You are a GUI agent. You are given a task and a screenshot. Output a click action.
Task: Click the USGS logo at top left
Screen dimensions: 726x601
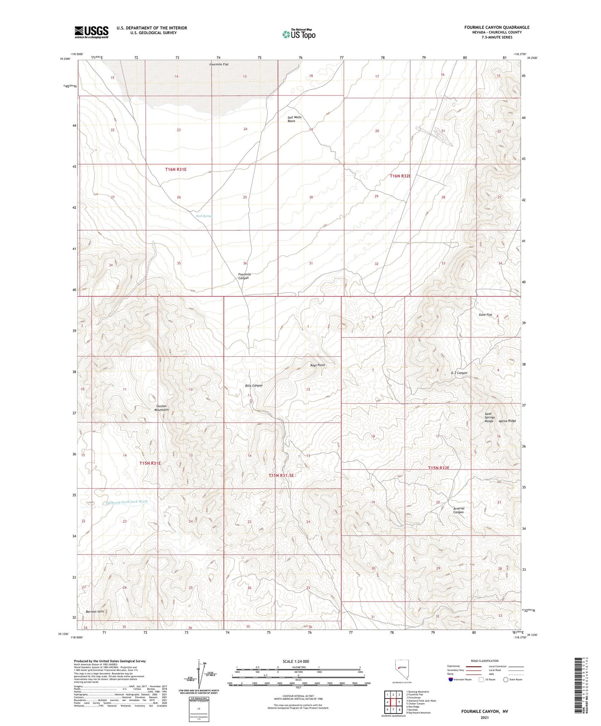[91, 32]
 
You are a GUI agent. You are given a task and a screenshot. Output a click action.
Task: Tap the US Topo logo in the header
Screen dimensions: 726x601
[298, 34]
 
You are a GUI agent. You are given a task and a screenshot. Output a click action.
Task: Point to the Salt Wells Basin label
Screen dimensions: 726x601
[294, 119]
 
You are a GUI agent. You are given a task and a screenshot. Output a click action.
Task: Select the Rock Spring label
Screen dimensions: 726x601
[204, 216]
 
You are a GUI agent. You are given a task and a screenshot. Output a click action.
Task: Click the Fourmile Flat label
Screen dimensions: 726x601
[219, 64]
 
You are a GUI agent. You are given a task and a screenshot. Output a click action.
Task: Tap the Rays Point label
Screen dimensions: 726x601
[317, 365]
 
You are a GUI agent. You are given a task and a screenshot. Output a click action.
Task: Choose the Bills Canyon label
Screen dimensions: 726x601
[254, 385]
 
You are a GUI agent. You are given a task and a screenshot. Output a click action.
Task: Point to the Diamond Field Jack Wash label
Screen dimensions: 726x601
[126, 502]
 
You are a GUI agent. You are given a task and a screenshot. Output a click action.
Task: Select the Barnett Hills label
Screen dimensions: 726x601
[95, 612]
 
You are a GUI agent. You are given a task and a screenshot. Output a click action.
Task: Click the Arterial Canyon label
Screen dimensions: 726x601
[458, 510]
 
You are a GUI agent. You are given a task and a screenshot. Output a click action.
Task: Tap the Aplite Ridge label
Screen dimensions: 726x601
[507, 421]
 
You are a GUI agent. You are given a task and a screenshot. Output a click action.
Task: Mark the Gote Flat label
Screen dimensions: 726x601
[485, 315]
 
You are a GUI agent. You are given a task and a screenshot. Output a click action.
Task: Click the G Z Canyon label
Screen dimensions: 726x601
[459, 373]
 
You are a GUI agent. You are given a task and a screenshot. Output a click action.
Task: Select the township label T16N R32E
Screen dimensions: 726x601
[400, 176]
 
